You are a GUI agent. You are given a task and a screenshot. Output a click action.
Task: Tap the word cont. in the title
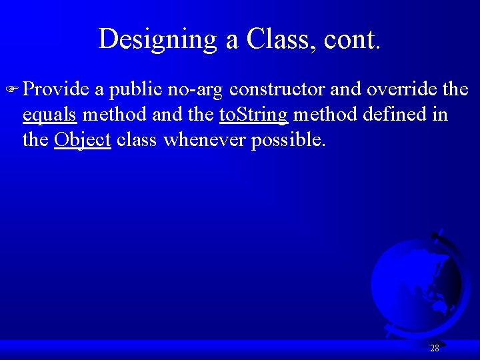[x=352, y=39]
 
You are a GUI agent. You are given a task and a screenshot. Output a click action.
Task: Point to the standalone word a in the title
[x=232, y=41]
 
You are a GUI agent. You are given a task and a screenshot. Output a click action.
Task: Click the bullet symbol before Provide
[x=15, y=90]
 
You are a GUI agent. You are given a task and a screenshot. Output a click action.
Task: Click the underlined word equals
[x=50, y=115]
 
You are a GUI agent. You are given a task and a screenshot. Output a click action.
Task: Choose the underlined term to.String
[x=253, y=115]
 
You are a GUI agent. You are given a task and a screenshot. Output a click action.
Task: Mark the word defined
[x=395, y=115]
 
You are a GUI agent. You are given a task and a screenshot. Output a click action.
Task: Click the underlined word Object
[x=82, y=141]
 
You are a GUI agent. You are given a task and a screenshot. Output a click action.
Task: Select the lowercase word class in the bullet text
[x=137, y=141]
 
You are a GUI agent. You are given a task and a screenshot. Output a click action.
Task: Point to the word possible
[x=289, y=141]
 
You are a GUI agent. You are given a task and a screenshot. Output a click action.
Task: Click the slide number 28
[x=435, y=349]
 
